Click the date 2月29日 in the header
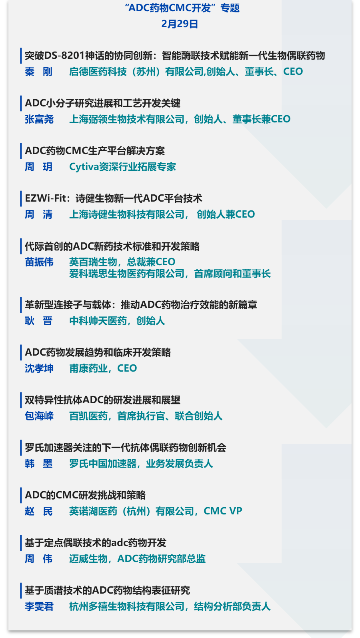point(180,24)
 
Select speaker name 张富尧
point(39,119)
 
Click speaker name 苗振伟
point(39,262)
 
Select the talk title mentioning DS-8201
point(174,56)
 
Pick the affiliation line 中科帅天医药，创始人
point(117,321)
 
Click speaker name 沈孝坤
point(39,368)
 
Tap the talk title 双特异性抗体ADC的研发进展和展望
point(102,400)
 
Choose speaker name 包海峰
point(39,416)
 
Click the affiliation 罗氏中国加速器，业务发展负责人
point(141,464)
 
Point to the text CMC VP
point(223,511)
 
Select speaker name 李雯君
point(39,606)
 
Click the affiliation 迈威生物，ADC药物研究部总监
point(137,559)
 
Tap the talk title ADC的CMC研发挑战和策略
point(85,495)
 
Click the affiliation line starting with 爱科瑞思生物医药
point(170,274)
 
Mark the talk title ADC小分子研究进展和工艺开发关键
point(102,103)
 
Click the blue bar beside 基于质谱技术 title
point(21,590)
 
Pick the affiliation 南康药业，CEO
point(103,368)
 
